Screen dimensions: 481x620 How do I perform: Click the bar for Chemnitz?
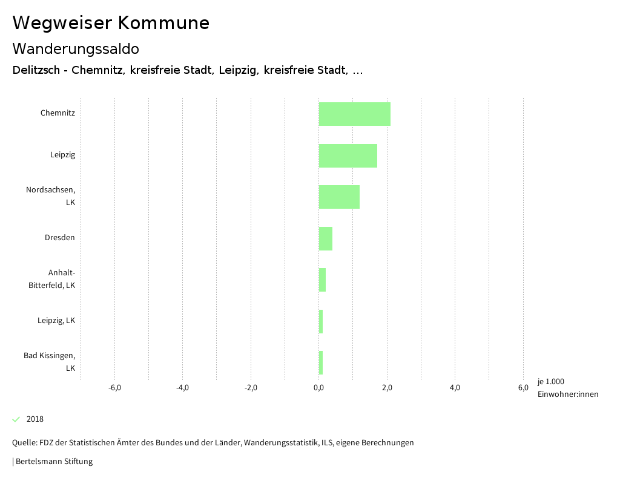point(354,114)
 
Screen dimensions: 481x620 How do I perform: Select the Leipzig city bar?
point(348,155)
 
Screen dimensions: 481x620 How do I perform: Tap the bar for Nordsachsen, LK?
point(339,197)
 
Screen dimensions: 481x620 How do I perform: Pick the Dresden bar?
point(326,238)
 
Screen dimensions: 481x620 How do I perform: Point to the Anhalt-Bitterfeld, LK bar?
point(322,280)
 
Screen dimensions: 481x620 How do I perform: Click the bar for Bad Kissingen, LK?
point(321,362)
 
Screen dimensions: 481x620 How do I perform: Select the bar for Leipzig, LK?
point(321,321)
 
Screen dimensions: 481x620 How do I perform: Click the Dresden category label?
point(60,238)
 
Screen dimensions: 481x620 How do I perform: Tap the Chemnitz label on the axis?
point(58,113)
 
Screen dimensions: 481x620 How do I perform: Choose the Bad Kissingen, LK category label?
point(50,361)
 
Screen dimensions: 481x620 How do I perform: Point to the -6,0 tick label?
point(114,388)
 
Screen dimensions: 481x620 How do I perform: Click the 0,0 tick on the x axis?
point(318,388)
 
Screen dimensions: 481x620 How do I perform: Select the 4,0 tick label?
point(455,388)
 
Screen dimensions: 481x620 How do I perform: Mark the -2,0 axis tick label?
point(251,388)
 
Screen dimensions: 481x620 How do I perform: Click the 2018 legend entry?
point(35,419)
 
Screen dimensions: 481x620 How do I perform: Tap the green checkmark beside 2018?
point(16,419)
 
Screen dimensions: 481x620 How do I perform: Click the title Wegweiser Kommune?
point(111,23)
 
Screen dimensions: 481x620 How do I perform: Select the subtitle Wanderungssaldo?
point(76,48)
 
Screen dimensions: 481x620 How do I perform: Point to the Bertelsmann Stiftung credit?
point(53,462)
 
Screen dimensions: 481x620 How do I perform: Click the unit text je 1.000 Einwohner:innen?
point(567,388)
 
